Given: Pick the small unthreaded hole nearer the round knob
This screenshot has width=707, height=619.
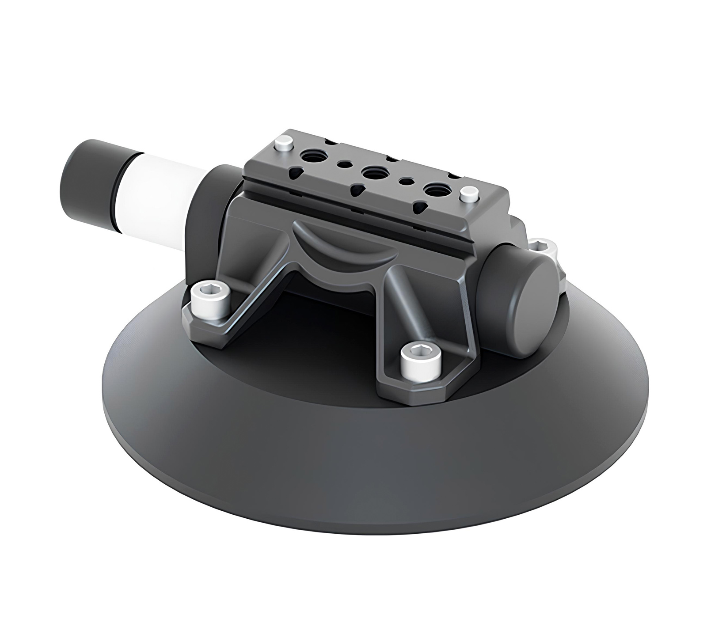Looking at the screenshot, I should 406,182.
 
